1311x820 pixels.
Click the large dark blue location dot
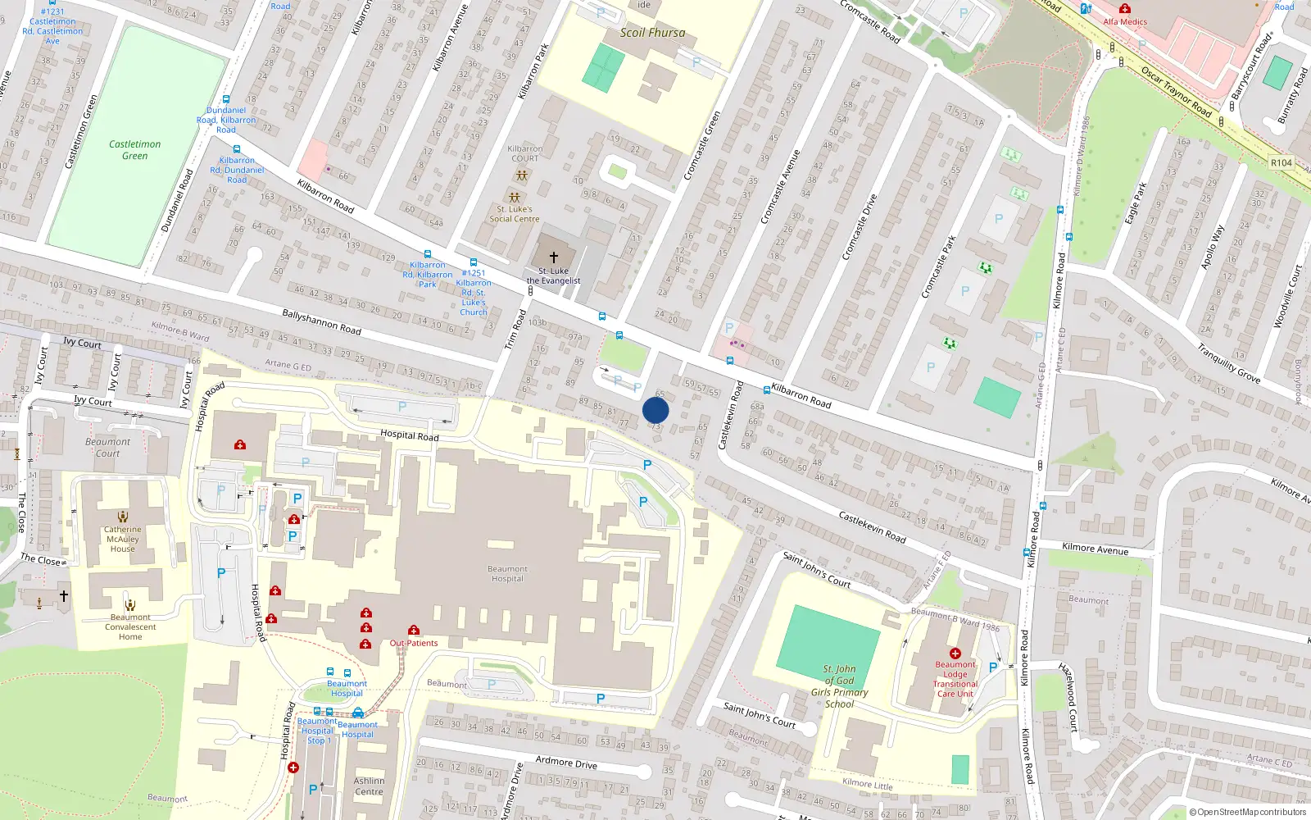(x=655, y=411)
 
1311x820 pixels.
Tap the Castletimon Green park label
(x=135, y=150)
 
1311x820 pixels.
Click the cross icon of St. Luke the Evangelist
(x=554, y=257)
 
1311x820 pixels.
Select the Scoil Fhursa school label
(x=652, y=33)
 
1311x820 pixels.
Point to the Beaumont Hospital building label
(x=507, y=574)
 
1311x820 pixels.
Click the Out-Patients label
(x=414, y=643)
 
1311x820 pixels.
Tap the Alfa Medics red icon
(x=1125, y=9)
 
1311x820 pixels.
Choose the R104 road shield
(x=1282, y=162)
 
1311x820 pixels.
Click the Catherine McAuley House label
(x=122, y=539)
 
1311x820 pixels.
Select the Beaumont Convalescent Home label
(x=130, y=627)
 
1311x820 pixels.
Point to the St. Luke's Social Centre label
(x=515, y=214)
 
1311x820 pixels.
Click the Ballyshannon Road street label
(x=321, y=321)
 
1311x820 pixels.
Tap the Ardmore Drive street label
(x=566, y=762)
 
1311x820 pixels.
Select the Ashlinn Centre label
(x=369, y=786)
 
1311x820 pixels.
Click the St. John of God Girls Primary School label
(x=839, y=686)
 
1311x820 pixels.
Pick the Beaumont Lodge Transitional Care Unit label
(x=955, y=679)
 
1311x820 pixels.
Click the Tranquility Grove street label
(x=1228, y=363)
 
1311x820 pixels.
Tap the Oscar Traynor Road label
(x=1176, y=91)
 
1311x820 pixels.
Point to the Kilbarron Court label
(x=525, y=153)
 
